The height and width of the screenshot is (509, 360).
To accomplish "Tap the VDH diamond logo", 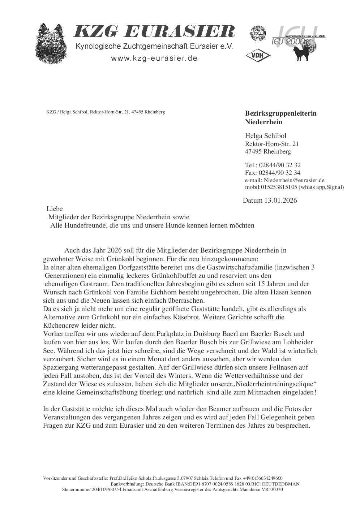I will [x=256, y=55].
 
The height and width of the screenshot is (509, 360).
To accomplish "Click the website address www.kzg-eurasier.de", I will [x=154, y=59].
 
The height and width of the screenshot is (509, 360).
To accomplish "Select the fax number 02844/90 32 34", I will [x=280, y=173].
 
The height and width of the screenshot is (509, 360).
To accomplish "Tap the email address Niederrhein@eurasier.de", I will [x=294, y=180].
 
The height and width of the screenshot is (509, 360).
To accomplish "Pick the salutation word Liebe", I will [x=55, y=209].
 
